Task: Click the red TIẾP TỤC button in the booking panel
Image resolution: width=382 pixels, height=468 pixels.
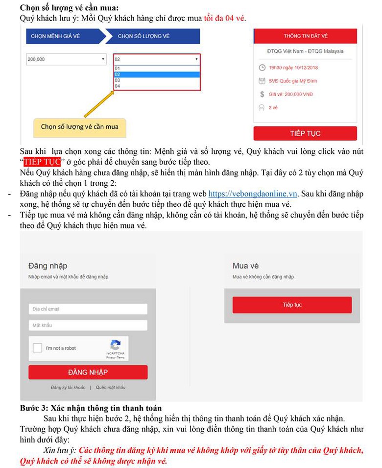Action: coord(305,133)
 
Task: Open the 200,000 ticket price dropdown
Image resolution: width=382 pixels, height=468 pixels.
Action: coord(66,59)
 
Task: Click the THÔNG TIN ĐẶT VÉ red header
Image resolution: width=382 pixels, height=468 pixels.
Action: coord(305,36)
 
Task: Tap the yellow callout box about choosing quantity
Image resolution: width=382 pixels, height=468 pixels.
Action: coord(79,127)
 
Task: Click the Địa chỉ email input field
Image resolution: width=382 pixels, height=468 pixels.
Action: coord(88,309)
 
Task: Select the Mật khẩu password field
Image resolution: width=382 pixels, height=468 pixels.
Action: coord(88,325)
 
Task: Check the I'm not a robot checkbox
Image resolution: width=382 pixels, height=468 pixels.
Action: coord(37,348)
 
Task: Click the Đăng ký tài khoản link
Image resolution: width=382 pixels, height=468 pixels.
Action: coord(68,388)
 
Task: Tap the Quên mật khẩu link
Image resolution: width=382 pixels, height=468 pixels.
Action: coord(111,388)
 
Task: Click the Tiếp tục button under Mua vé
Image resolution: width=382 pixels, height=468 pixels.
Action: coord(292,305)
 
